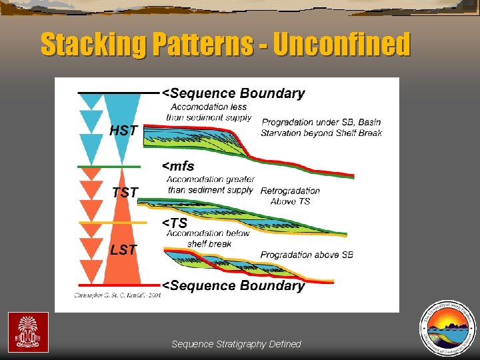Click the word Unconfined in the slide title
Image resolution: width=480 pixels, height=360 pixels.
click(x=341, y=45)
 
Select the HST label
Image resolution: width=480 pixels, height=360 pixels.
click(x=123, y=131)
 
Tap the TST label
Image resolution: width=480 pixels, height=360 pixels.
click(x=125, y=193)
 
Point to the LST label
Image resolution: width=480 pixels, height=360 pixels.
click(x=123, y=250)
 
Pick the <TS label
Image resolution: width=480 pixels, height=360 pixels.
click(x=175, y=223)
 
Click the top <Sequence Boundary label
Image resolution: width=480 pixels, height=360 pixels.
click(x=234, y=93)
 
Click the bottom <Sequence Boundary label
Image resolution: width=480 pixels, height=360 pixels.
click(x=234, y=285)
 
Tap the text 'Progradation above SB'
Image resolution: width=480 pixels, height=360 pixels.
click(x=307, y=255)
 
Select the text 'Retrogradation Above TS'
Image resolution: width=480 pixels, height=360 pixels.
click(x=290, y=195)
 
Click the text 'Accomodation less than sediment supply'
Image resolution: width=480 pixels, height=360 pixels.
click(x=209, y=112)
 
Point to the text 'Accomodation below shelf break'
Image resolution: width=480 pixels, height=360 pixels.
click(x=207, y=238)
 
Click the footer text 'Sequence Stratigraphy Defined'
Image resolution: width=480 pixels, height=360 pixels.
click(x=236, y=344)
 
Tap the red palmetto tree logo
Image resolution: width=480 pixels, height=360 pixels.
click(x=28, y=332)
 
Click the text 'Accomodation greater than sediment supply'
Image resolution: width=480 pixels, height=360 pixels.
click(x=210, y=184)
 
